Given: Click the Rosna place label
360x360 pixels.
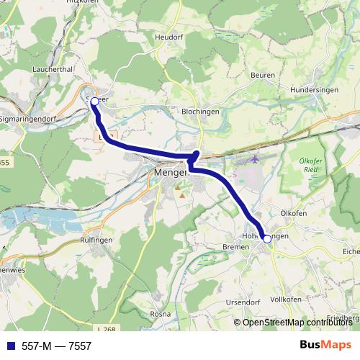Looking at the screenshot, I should pyautogui.click(x=160, y=315).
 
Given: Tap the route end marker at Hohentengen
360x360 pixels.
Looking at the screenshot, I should pyautogui.click(x=267, y=238).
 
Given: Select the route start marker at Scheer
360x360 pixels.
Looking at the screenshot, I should pyautogui.click(x=94, y=102).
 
